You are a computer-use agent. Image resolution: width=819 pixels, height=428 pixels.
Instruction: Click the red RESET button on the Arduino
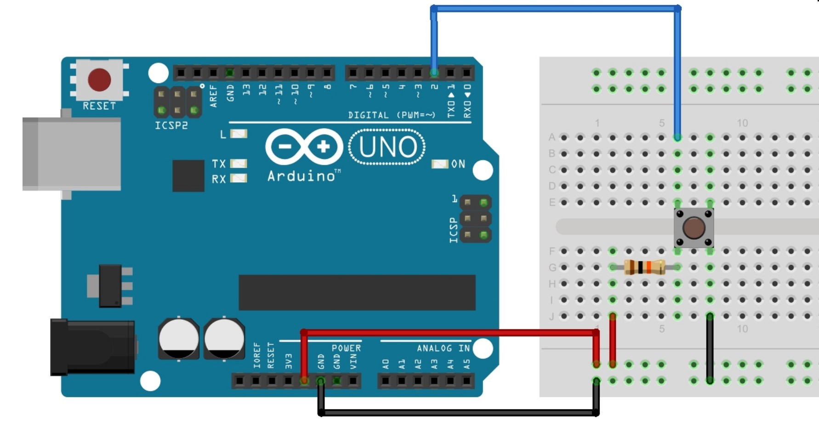(99, 80)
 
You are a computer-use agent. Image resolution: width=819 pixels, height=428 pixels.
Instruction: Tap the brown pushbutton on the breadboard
(694, 227)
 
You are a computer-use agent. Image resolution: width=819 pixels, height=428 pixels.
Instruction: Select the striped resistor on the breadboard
(644, 267)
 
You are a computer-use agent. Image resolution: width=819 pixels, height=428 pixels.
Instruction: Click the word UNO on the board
(387, 147)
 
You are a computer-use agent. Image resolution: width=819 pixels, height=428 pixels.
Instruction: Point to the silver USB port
(71, 154)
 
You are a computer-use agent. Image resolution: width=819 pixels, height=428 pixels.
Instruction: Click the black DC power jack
(92, 347)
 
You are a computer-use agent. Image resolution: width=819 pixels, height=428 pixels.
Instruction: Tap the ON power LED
(440, 164)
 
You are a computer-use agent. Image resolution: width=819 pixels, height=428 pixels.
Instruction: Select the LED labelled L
(239, 134)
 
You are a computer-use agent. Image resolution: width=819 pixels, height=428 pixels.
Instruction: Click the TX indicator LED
(239, 163)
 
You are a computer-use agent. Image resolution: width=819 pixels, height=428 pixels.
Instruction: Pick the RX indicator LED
(239, 178)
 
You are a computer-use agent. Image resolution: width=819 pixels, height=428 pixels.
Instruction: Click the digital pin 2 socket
(434, 73)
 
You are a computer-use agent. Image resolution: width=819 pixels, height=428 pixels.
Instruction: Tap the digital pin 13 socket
(246, 73)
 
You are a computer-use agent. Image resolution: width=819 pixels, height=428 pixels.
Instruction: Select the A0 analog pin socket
(386, 381)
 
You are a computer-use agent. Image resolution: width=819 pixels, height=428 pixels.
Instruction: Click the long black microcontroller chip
(357, 293)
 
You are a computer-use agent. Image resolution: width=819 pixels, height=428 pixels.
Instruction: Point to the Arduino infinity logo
(304, 147)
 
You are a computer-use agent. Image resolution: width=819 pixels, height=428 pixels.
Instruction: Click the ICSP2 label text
(171, 125)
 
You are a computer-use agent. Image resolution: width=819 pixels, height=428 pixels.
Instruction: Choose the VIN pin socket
(353, 381)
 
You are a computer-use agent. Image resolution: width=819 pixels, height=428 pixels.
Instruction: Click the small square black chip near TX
(188, 175)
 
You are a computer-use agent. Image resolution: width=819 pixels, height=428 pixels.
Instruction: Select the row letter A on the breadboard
(552, 137)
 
